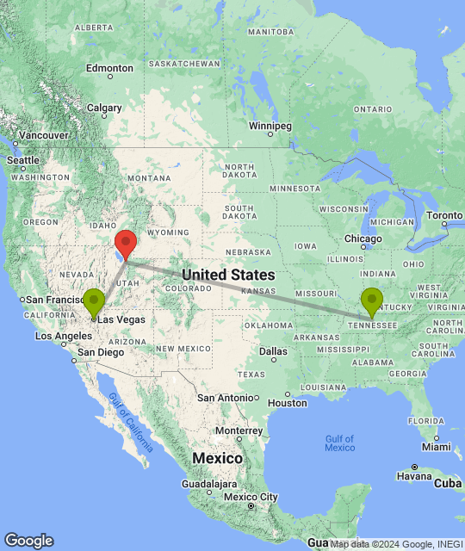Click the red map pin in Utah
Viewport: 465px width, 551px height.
click(x=126, y=242)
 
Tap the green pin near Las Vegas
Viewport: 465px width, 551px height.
click(x=93, y=301)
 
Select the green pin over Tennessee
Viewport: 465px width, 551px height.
click(x=371, y=301)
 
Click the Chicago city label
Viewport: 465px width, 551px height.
click(x=364, y=238)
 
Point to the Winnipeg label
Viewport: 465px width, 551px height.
click(x=270, y=126)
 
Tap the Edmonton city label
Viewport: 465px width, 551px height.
click(x=109, y=68)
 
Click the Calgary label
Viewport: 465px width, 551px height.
click(x=103, y=108)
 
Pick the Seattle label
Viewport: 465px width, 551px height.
click(x=23, y=160)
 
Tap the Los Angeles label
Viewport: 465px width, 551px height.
click(x=59, y=336)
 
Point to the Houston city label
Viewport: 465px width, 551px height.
click(x=288, y=402)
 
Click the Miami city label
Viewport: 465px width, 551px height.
click(x=437, y=446)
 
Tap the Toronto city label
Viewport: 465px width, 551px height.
click(x=445, y=214)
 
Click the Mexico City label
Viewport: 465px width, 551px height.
click(x=251, y=497)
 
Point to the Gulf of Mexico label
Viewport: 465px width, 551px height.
click(x=340, y=443)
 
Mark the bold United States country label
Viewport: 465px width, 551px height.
click(x=228, y=275)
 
